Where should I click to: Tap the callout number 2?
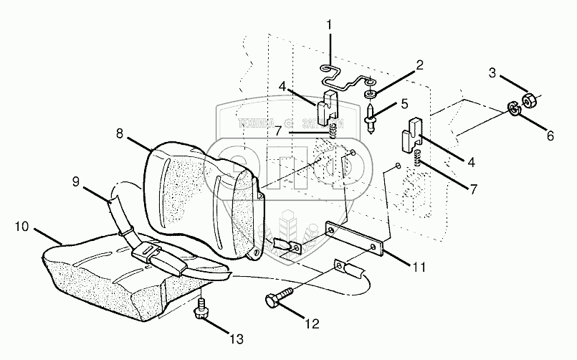[420, 65]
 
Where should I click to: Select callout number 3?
[492, 72]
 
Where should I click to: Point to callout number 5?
[404, 104]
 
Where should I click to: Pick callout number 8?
[119, 133]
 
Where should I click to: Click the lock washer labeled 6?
[513, 109]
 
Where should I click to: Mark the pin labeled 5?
[372, 117]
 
